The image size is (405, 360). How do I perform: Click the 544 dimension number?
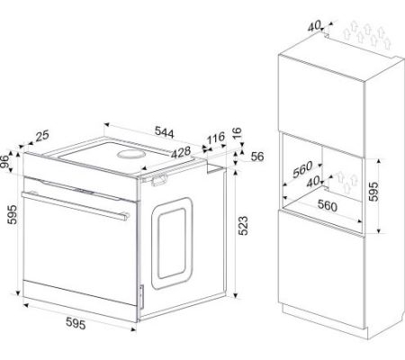[x=164, y=132]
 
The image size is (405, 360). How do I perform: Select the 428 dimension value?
[x=181, y=152]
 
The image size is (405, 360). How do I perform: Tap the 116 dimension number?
[x=216, y=138]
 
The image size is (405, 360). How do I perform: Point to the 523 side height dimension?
[x=243, y=225]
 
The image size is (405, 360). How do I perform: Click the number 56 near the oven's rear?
[x=257, y=157]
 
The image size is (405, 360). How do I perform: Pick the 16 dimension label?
[x=237, y=132]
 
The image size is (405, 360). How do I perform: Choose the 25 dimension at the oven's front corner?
[x=42, y=136]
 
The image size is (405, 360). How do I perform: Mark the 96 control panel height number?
[x=4, y=162]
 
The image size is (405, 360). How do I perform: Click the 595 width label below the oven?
[x=76, y=323]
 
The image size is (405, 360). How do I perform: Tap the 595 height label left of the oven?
[x=13, y=214]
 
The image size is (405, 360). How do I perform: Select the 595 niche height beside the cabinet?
[x=373, y=192]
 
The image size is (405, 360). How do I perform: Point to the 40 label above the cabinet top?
[x=314, y=26]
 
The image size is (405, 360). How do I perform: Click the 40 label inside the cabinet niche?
[x=313, y=182]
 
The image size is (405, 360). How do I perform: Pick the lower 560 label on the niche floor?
[x=328, y=205]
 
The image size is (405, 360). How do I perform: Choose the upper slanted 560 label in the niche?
[x=302, y=169]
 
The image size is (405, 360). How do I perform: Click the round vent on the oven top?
[x=131, y=154]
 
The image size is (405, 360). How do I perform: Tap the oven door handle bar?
[x=76, y=206]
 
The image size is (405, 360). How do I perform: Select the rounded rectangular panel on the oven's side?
[x=172, y=243]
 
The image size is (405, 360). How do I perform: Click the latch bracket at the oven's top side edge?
[x=158, y=180]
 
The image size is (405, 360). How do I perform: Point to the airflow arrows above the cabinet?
[x=367, y=35]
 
